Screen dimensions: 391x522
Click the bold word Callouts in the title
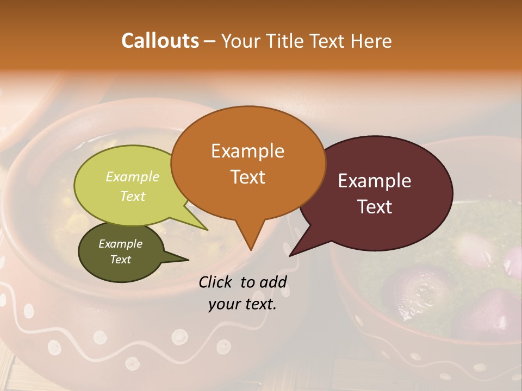160,41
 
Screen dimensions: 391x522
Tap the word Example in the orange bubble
247,151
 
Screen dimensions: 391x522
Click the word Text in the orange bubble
247,177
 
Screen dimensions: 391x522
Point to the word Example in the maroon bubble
375,181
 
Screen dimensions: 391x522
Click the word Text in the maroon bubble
375,207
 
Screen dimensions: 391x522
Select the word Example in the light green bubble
133,177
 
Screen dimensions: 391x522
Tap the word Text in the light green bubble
133,196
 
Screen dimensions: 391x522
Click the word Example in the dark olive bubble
120,244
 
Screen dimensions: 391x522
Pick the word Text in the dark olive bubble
120,260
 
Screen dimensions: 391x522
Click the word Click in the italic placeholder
216,282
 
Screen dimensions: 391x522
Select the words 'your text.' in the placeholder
243,304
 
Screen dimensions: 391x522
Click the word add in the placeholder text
273,282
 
